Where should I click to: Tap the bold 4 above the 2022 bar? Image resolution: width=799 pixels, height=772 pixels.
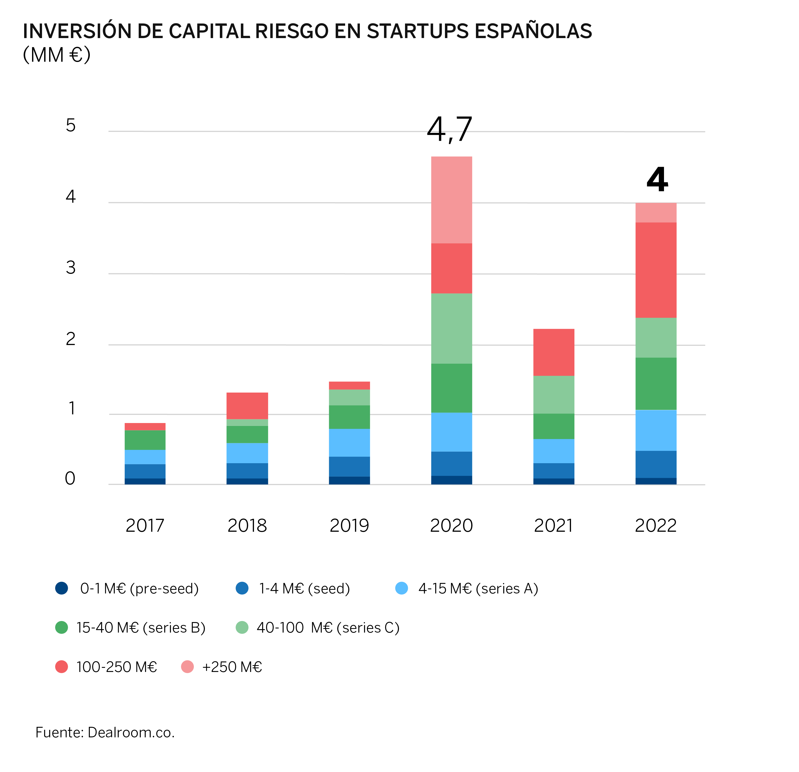click(657, 180)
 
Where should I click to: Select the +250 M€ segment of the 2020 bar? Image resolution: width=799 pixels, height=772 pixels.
click(452, 200)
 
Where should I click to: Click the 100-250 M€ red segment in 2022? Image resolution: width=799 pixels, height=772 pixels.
click(656, 270)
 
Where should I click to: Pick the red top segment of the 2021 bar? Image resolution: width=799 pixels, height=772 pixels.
click(554, 352)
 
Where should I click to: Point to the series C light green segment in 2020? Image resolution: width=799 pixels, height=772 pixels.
click(452, 328)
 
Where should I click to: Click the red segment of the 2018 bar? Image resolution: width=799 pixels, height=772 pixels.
click(247, 406)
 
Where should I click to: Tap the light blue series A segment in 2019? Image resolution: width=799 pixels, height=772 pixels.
click(349, 443)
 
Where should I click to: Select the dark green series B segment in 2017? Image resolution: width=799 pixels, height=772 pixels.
click(145, 440)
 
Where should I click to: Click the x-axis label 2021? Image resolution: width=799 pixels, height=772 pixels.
click(553, 525)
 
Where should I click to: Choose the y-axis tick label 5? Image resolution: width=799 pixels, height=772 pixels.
click(71, 126)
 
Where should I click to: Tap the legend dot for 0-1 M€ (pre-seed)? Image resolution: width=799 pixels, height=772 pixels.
click(61, 588)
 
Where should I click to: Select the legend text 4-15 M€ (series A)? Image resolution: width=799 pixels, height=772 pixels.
click(478, 588)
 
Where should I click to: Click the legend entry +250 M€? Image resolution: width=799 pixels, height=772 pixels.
click(232, 667)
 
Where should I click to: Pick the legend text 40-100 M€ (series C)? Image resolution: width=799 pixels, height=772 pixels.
click(328, 628)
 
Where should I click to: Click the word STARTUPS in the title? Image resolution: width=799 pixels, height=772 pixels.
click(418, 32)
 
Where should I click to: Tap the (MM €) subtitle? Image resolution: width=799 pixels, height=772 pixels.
click(57, 55)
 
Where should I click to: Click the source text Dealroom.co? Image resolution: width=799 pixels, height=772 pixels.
click(131, 732)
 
